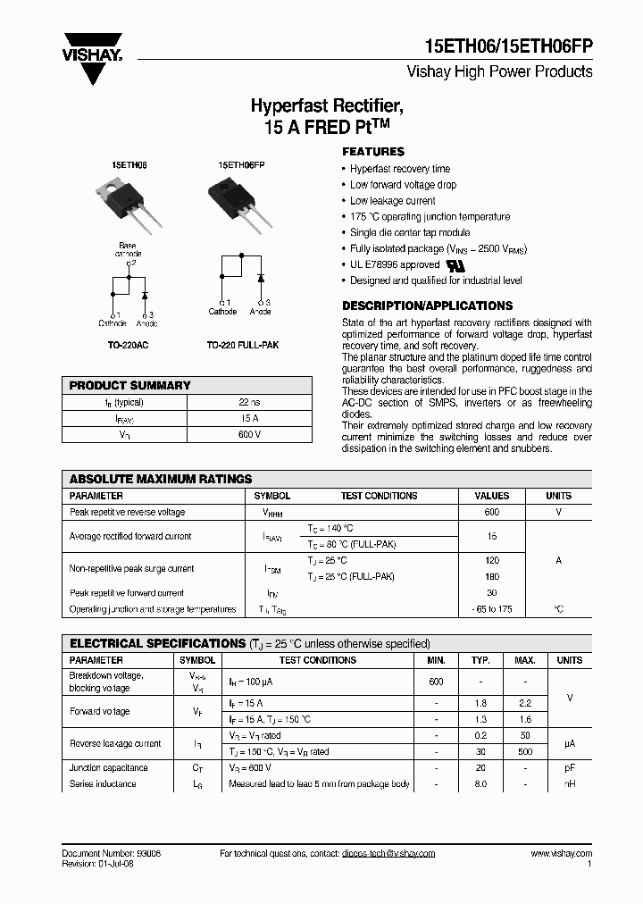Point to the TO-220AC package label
[128, 344]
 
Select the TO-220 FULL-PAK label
[243, 344]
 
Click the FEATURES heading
[373, 152]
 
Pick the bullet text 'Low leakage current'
[392, 201]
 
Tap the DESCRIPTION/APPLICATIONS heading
[427, 306]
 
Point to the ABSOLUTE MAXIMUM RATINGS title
[161, 479]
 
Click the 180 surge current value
[491, 576]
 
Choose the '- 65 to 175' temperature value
[491, 609]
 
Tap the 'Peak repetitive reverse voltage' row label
[127, 512]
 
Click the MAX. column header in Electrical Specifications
[525, 660]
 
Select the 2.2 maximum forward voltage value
[525, 704]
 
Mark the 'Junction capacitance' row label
[109, 767]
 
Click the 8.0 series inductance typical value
[480, 783]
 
